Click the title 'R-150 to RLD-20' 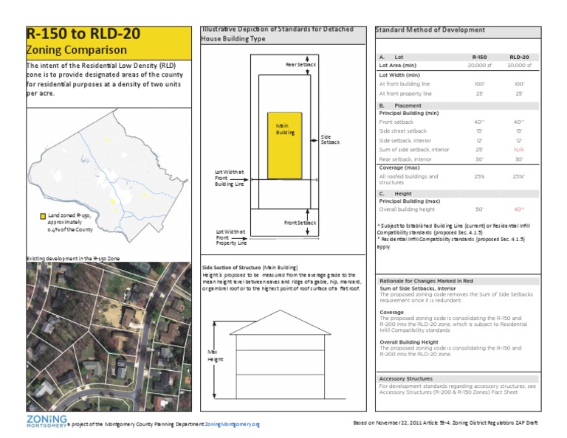(x=79, y=35)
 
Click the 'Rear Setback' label (x=300, y=65)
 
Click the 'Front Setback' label (x=300, y=222)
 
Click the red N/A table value (x=519, y=149)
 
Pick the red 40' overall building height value (x=519, y=209)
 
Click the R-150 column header (x=479, y=56)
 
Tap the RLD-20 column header (x=519, y=56)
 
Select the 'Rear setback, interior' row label (x=405, y=159)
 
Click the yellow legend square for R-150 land (x=44, y=215)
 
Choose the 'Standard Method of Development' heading (x=430, y=30)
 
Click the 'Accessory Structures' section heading (x=405, y=378)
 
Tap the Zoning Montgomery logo (x=44, y=420)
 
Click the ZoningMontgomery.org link (x=233, y=425)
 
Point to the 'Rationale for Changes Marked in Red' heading (x=426, y=282)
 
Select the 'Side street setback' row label (x=403, y=131)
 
